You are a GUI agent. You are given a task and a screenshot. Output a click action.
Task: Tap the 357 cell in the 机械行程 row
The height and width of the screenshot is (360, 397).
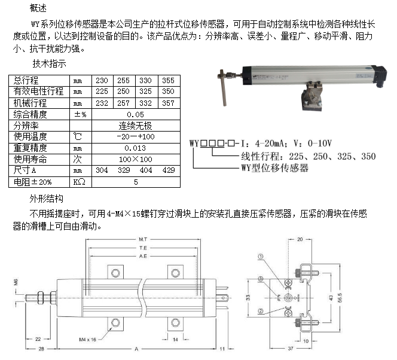[x=168, y=103]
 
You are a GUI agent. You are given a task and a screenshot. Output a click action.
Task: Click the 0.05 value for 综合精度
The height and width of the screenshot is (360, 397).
[x=135, y=114]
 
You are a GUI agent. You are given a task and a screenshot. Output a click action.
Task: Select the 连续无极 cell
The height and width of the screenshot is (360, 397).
[x=135, y=126]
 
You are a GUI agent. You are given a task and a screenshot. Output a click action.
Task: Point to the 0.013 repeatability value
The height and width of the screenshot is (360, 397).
[x=135, y=148]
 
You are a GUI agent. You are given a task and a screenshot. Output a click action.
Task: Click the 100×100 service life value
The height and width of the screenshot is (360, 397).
[x=135, y=159]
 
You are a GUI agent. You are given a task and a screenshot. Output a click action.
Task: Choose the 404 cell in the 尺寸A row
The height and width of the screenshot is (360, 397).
[x=145, y=170]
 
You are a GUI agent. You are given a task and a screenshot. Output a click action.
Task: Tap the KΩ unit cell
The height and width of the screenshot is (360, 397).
[x=79, y=182]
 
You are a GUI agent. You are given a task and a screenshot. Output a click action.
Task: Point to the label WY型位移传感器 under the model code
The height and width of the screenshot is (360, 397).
[x=274, y=169]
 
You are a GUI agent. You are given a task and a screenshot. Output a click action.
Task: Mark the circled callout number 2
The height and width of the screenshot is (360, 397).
[x=260, y=310]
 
